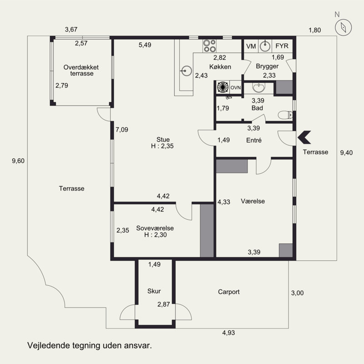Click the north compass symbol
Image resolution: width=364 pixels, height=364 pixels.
(x=343, y=27)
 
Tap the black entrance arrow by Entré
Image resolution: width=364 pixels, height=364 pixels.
(x=304, y=137)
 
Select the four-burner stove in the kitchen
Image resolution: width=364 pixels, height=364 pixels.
(x=210, y=46)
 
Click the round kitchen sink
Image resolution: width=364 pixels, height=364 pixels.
(x=187, y=71)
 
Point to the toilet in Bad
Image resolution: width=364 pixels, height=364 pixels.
(x=285, y=115)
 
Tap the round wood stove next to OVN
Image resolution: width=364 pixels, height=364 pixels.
(x=222, y=87)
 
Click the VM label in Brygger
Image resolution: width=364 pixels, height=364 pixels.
(x=251, y=46)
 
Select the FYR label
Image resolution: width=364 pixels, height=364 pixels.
(x=282, y=46)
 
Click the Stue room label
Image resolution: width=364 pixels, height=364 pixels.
(x=163, y=140)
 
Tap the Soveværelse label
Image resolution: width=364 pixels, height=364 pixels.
(x=155, y=228)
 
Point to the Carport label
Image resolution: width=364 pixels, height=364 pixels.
(x=229, y=292)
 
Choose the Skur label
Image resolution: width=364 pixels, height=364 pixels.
(x=154, y=291)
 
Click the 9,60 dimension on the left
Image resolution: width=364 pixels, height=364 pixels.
(x=18, y=161)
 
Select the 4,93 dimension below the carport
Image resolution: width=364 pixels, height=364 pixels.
(x=228, y=333)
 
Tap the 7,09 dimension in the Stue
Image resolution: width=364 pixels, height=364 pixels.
(x=122, y=130)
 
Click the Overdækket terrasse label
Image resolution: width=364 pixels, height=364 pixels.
(x=81, y=71)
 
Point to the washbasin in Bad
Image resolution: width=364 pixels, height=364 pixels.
(x=258, y=87)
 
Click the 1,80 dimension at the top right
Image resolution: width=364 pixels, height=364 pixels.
(x=315, y=30)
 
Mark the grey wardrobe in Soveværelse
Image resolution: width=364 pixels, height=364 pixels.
(x=207, y=231)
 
